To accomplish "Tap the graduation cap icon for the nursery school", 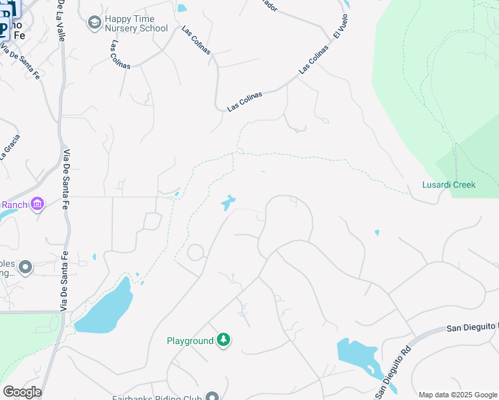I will point(94,23).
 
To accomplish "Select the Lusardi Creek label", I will point(448,185).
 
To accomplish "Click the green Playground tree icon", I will point(225,341).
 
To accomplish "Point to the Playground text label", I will point(189,341).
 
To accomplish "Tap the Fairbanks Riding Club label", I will point(167,396).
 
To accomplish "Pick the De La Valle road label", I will point(61,20).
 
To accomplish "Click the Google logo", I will point(22,392).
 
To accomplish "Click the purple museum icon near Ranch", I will point(37,203).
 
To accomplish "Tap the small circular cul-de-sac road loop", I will point(195,253).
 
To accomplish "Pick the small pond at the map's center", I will point(228,202).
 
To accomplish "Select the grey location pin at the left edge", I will point(25,267).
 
